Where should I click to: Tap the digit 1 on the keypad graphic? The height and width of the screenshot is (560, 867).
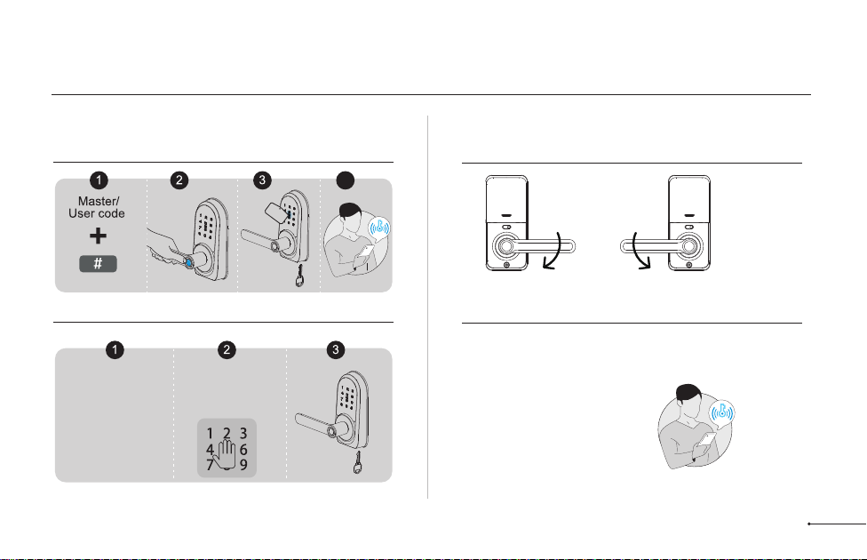[210, 434]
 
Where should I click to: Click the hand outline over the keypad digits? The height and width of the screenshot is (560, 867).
[227, 450]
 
